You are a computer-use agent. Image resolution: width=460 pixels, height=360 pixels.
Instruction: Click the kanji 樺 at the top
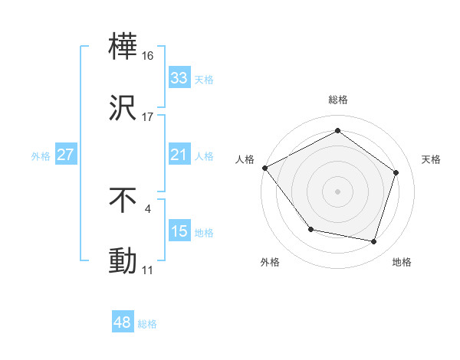point(123,48)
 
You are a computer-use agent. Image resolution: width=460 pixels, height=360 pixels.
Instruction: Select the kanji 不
point(123,200)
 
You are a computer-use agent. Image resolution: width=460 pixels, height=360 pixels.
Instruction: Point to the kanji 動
point(123,261)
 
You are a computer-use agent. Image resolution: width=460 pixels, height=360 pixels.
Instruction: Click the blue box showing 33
point(179,78)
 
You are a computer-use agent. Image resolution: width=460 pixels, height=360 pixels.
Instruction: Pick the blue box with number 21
point(179,155)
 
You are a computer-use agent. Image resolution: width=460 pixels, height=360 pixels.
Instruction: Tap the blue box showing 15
point(179,231)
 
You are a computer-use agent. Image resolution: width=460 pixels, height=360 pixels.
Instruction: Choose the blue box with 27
point(65,155)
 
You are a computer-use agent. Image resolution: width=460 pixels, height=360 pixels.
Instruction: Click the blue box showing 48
point(123,322)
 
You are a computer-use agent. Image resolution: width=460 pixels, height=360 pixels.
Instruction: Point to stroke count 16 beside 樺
point(148,56)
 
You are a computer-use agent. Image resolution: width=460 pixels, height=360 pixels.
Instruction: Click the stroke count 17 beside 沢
point(148,117)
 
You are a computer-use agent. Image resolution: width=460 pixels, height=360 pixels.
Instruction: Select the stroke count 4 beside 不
point(147,208)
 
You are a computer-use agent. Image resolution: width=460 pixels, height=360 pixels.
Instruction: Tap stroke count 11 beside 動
point(147,270)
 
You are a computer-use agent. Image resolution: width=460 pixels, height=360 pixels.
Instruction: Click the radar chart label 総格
point(338,100)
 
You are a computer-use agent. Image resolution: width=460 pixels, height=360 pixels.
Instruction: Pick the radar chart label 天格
point(432,159)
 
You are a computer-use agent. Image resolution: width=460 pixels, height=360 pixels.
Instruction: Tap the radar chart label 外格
point(270,262)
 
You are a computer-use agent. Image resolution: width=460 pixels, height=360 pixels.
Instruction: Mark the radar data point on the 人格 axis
point(264,167)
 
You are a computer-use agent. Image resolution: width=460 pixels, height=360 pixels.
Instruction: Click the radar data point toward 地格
point(374,242)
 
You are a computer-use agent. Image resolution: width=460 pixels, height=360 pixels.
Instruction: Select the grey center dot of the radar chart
point(337,191)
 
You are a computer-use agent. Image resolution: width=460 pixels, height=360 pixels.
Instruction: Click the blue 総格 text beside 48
point(147,324)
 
